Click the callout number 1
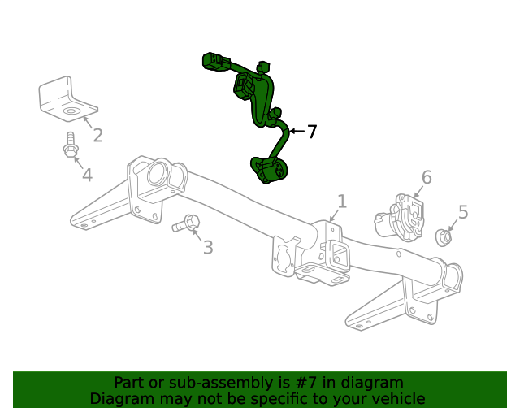(x=342, y=201)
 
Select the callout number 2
(x=97, y=135)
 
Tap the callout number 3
(x=208, y=247)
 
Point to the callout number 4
(x=86, y=174)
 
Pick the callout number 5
(x=463, y=212)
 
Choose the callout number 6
(x=426, y=177)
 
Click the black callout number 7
(x=311, y=131)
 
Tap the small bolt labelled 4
(x=70, y=146)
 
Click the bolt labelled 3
(x=187, y=223)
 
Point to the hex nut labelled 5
(x=444, y=237)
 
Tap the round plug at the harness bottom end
(x=269, y=171)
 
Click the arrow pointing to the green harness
(x=295, y=131)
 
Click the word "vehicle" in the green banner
(x=397, y=399)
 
